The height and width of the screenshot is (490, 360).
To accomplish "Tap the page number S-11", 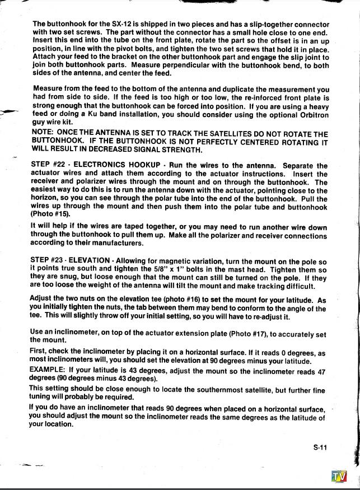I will click(x=320, y=447).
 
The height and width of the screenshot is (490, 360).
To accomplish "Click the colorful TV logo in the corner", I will click(x=339, y=477).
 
